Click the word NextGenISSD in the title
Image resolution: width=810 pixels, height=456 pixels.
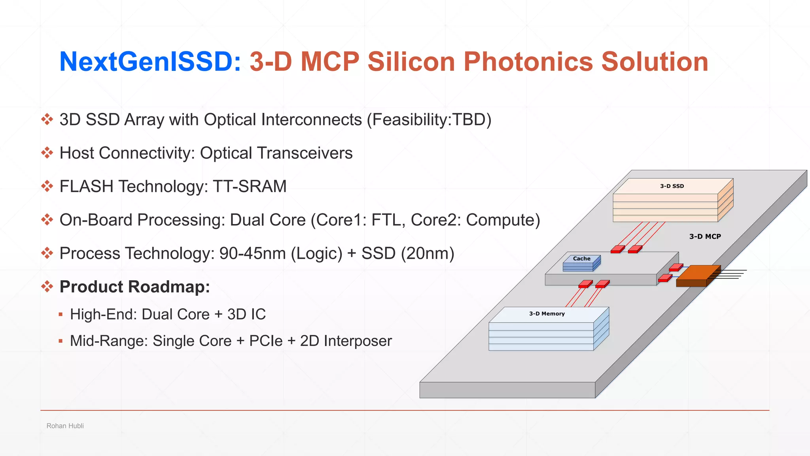pyautogui.click(x=150, y=62)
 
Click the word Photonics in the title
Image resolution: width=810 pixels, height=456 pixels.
pyautogui.click(x=528, y=62)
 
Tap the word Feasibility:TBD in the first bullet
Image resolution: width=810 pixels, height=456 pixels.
pyautogui.click(x=429, y=120)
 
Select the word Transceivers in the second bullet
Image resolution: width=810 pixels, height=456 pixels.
pyautogui.click(x=305, y=153)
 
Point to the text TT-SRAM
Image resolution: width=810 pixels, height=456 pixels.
pyautogui.click(x=250, y=186)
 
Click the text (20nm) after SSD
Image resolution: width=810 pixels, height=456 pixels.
pyautogui.click(x=428, y=253)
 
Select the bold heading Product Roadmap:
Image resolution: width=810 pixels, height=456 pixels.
pyautogui.click(x=134, y=287)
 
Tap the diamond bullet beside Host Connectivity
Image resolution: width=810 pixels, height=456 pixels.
pyautogui.click(x=47, y=153)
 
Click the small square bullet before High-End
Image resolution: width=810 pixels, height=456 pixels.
pyautogui.click(x=61, y=314)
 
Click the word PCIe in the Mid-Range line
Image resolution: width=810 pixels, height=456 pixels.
pyautogui.click(x=266, y=341)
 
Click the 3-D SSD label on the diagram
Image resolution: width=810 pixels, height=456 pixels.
pyautogui.click(x=672, y=186)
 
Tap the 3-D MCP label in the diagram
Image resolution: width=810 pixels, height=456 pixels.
pyautogui.click(x=705, y=236)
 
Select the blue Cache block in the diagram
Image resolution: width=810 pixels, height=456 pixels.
pyautogui.click(x=581, y=263)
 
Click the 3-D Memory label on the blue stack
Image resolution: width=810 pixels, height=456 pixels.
pyautogui.click(x=547, y=313)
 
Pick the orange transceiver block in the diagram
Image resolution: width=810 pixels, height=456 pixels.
pyautogui.click(x=697, y=275)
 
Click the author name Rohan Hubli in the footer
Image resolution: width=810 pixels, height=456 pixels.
pyautogui.click(x=65, y=426)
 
